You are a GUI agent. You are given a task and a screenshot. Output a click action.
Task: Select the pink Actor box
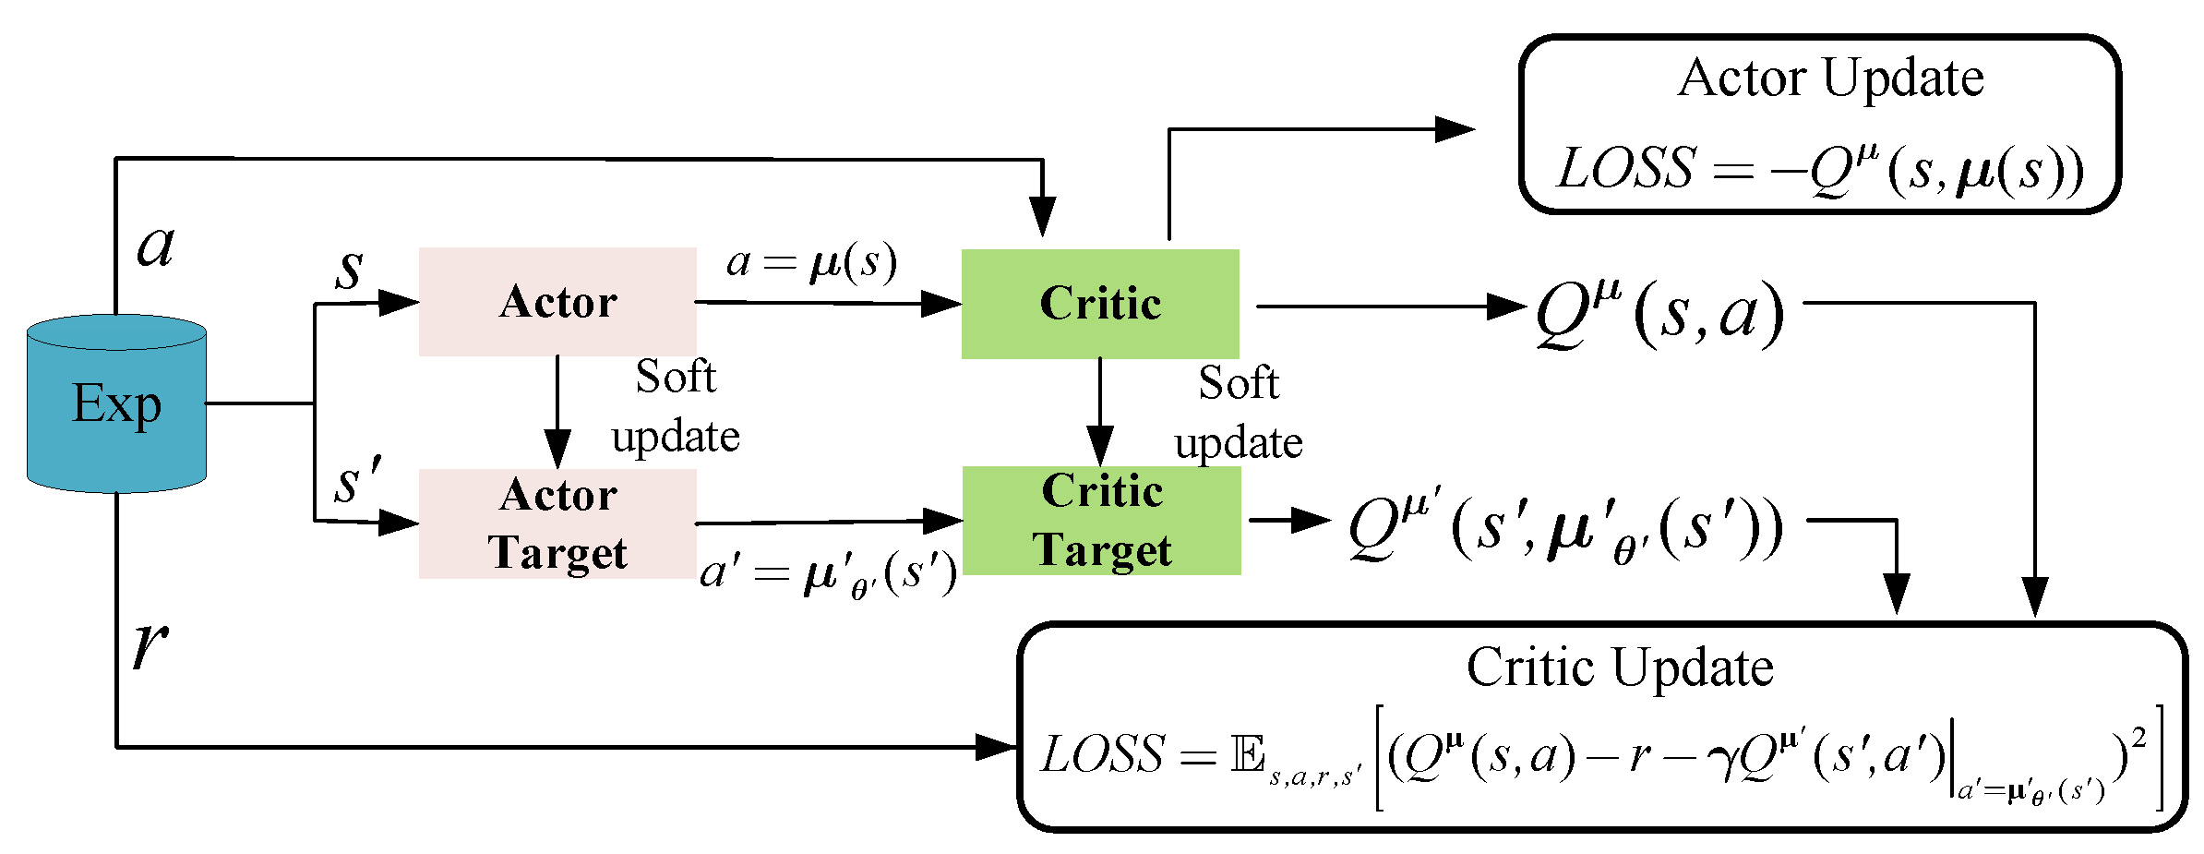coord(557,302)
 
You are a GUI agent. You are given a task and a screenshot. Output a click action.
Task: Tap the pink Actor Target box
coord(557,523)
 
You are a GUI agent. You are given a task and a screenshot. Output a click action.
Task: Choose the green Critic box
coord(1100,304)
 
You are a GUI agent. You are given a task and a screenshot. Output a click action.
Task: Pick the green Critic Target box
coord(1101,521)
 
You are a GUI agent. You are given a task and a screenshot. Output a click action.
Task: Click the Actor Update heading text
coord(1830,78)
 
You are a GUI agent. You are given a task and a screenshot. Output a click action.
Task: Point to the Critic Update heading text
coord(1620,667)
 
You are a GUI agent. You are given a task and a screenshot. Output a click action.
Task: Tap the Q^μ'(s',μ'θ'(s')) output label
coord(1565,529)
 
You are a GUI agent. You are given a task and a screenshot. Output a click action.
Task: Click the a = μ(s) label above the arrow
coord(811,263)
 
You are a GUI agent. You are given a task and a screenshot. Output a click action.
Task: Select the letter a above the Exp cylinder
coord(155,246)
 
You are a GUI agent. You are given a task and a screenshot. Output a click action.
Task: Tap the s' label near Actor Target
coord(358,482)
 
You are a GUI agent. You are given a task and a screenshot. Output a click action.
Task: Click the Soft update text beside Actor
coord(676,406)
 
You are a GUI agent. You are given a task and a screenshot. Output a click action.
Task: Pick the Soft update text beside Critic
coord(1239,412)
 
